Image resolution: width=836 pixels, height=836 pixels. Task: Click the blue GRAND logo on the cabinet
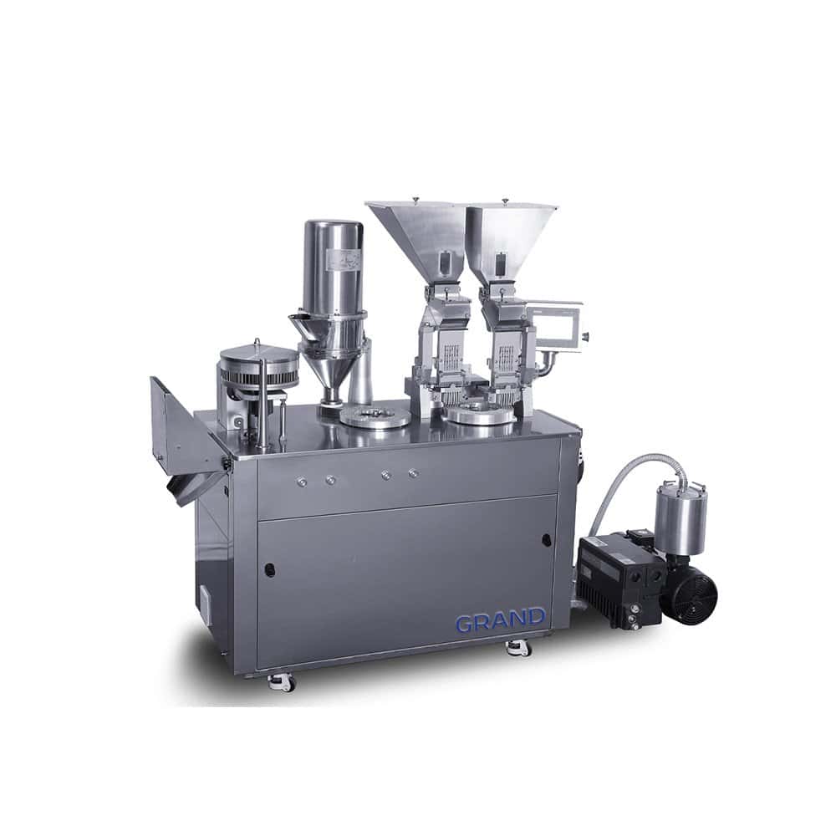click(x=500, y=621)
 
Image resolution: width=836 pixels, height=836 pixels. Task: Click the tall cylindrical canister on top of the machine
click(x=333, y=268)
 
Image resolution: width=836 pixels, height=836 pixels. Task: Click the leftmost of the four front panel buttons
click(x=302, y=481)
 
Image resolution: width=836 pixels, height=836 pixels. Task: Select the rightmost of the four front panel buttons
click(x=413, y=474)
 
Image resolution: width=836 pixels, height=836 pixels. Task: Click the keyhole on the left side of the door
click(x=270, y=569)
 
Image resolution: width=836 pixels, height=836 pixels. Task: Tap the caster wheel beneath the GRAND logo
click(x=518, y=647)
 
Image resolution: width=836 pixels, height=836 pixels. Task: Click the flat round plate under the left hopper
click(x=375, y=417)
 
